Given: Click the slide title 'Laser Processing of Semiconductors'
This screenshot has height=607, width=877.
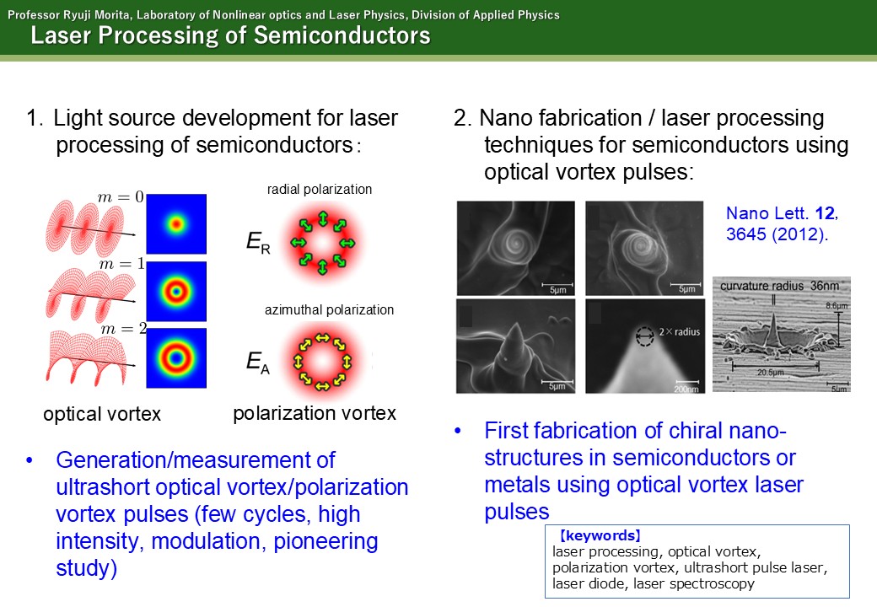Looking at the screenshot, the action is click(230, 35).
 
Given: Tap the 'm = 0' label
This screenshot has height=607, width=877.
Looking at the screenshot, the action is click(121, 196).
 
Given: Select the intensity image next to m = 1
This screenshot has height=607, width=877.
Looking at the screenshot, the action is click(176, 291).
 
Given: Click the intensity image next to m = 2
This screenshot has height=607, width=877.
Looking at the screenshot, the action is click(176, 357).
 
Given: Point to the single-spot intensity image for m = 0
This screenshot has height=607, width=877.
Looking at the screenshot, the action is click(176, 224).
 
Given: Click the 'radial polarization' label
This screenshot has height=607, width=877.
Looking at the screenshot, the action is click(320, 190).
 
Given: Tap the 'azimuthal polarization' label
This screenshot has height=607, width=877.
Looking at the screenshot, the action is click(330, 309).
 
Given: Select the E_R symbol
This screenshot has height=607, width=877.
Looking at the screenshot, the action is click(258, 242).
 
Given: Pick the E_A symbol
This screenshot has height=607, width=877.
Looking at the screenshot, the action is click(258, 362).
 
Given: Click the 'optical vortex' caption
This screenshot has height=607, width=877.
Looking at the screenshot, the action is click(102, 414).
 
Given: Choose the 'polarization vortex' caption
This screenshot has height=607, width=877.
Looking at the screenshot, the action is click(315, 414).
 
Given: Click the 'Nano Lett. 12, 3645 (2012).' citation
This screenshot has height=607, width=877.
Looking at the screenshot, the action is click(782, 223).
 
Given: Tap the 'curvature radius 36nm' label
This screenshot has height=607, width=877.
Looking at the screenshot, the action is click(780, 286).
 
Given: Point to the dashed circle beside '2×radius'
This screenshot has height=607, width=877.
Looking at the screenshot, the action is click(645, 336).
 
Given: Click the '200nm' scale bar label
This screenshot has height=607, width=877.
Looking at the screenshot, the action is click(686, 389).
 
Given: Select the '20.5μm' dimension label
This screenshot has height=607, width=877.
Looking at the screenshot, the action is click(770, 373).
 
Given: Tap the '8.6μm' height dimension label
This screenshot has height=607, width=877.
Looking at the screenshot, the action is click(837, 306).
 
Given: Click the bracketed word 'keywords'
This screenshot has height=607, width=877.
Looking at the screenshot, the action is click(600, 535).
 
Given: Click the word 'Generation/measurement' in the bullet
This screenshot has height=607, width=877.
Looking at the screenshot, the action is click(195, 460).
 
